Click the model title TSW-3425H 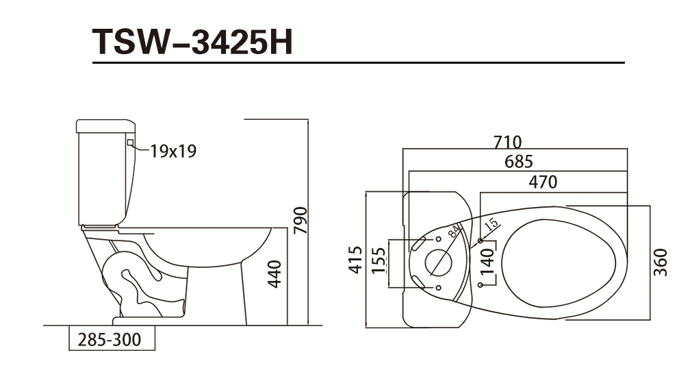193,42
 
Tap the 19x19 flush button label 173,151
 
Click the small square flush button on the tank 130,142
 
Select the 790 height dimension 300,221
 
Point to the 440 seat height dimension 274,274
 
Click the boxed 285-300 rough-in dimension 112,339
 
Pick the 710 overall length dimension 508,142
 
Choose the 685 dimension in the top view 519,162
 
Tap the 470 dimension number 543,182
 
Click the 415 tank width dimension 355,260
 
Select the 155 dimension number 378,260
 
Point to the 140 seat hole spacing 487,261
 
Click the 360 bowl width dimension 661,262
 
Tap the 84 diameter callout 453,231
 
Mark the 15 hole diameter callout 491,224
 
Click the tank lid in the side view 105,125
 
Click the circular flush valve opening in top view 438,262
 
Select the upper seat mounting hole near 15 481,241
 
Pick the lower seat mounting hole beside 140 481,285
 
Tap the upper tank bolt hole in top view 438,239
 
